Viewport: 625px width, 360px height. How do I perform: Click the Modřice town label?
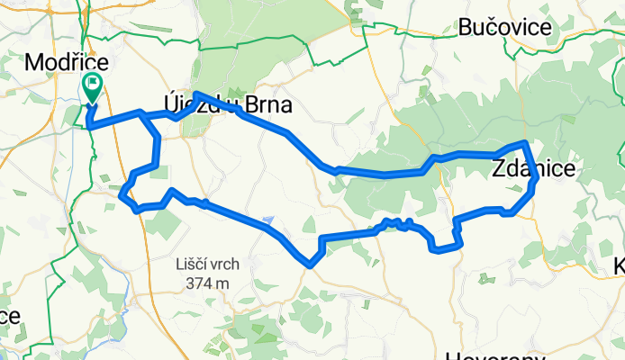(x=68, y=63)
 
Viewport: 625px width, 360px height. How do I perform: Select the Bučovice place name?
(x=504, y=28)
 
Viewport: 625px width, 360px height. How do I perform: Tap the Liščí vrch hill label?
(x=204, y=266)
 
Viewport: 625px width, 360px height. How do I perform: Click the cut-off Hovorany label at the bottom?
(x=491, y=353)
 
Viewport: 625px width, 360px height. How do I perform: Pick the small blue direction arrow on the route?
(x=268, y=219)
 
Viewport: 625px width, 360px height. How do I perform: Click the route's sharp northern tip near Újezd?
(x=196, y=94)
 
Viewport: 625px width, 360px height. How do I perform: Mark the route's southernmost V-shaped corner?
(x=310, y=265)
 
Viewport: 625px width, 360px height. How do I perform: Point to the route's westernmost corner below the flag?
(x=89, y=127)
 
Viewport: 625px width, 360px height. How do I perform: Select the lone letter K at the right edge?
(x=619, y=266)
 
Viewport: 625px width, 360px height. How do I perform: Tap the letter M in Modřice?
(x=36, y=63)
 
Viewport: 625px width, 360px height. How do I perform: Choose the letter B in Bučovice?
(x=466, y=28)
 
